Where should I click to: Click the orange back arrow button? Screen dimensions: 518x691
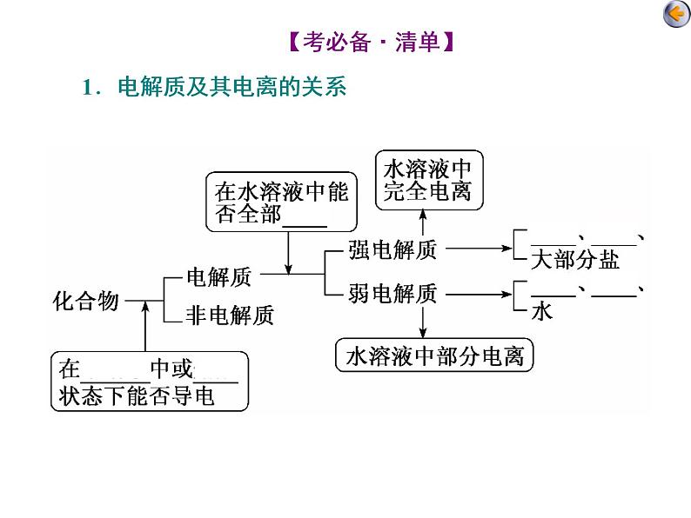[674, 15]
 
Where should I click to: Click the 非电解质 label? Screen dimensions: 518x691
[230, 315]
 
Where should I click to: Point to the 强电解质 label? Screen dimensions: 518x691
[392, 250]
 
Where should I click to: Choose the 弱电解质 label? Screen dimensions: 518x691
[392, 295]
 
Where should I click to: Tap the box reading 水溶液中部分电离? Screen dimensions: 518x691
[434, 356]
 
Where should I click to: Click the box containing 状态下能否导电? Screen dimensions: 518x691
[149, 382]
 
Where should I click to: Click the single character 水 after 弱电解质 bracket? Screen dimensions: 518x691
[541, 310]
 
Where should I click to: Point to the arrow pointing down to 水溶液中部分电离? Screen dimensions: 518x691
[422, 322]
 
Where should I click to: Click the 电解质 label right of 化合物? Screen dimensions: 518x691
[218, 277]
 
